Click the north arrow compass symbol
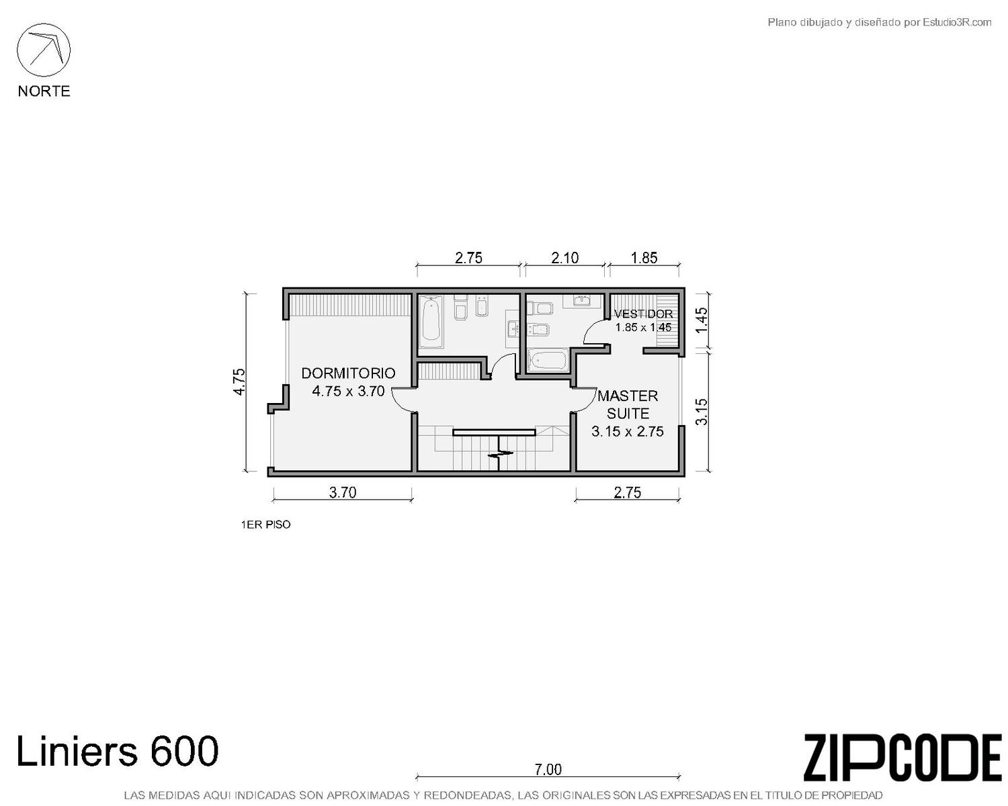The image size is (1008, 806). (x=44, y=50)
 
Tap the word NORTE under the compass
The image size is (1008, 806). (x=44, y=91)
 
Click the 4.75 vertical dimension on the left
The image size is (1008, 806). (x=239, y=382)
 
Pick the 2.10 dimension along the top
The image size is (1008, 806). (x=565, y=258)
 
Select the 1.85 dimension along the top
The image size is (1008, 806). (x=644, y=258)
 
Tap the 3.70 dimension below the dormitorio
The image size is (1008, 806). (x=343, y=493)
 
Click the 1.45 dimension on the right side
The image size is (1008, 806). (x=701, y=320)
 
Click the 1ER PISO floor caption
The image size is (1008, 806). (x=265, y=525)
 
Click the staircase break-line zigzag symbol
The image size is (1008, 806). (x=501, y=453)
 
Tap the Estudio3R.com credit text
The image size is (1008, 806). (x=879, y=22)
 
